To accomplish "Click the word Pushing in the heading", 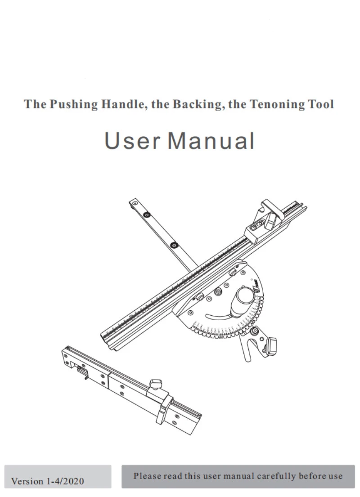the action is pos(73,104).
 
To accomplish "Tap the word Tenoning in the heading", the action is pos(274,104).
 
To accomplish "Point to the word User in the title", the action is pos(132,141).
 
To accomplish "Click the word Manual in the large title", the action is pos(211,141).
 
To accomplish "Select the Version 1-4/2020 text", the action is pos(47,481).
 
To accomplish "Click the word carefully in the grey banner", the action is pos(276,476).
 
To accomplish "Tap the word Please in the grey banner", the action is pos(148,476).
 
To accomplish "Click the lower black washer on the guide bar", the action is pos(174,245).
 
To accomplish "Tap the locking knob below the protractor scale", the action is pos(272,345).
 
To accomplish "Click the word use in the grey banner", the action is pos(335,476).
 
